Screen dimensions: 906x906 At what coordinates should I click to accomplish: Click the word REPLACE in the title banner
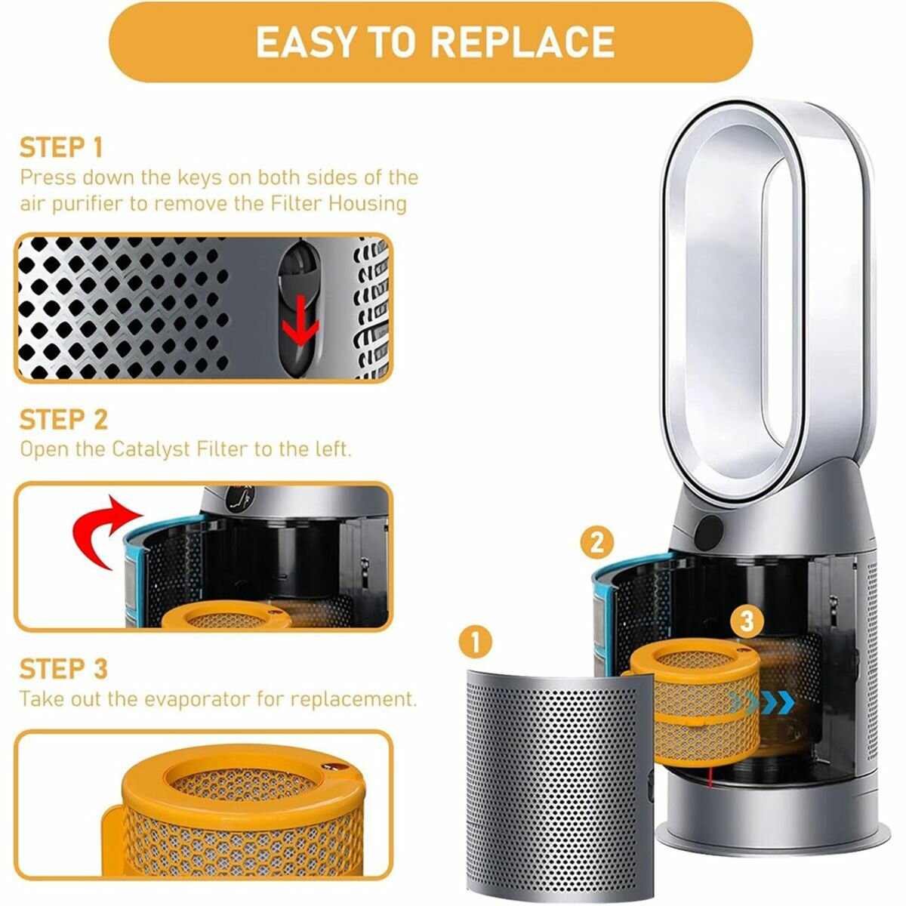(522, 42)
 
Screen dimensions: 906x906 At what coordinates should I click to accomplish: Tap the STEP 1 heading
(61, 148)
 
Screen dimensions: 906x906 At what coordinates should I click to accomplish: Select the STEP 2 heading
(64, 419)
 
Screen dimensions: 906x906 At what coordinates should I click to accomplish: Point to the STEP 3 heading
(64, 669)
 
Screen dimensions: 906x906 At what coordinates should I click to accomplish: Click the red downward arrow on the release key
(300, 321)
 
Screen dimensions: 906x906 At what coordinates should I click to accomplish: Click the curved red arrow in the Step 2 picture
(103, 532)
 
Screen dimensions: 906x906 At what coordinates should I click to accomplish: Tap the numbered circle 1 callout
(476, 642)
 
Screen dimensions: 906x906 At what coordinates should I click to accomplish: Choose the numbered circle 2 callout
(596, 543)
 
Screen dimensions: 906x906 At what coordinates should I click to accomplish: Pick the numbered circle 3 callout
(747, 621)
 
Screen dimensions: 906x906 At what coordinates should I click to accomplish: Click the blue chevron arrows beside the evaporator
(762, 703)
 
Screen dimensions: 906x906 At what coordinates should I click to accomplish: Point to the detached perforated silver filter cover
(559, 785)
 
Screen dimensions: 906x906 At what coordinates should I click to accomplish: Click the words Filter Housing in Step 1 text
(338, 204)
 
